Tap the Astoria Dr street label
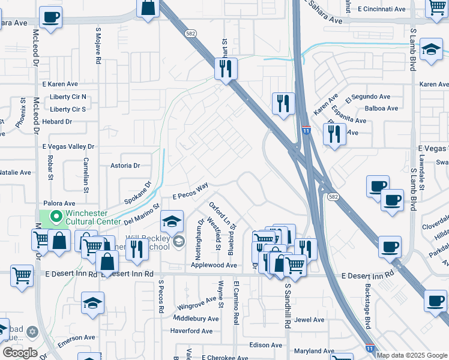[x=125, y=166]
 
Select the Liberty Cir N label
[x=68, y=97]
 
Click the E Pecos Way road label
[x=190, y=191]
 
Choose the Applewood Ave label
[x=214, y=265]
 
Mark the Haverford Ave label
[x=191, y=331]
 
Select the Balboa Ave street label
[x=381, y=109]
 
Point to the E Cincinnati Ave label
[x=382, y=9]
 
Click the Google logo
[x=20, y=353]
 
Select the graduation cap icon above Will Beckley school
[x=172, y=222]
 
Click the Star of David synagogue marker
[x=32, y=332]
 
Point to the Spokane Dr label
[x=139, y=193]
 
